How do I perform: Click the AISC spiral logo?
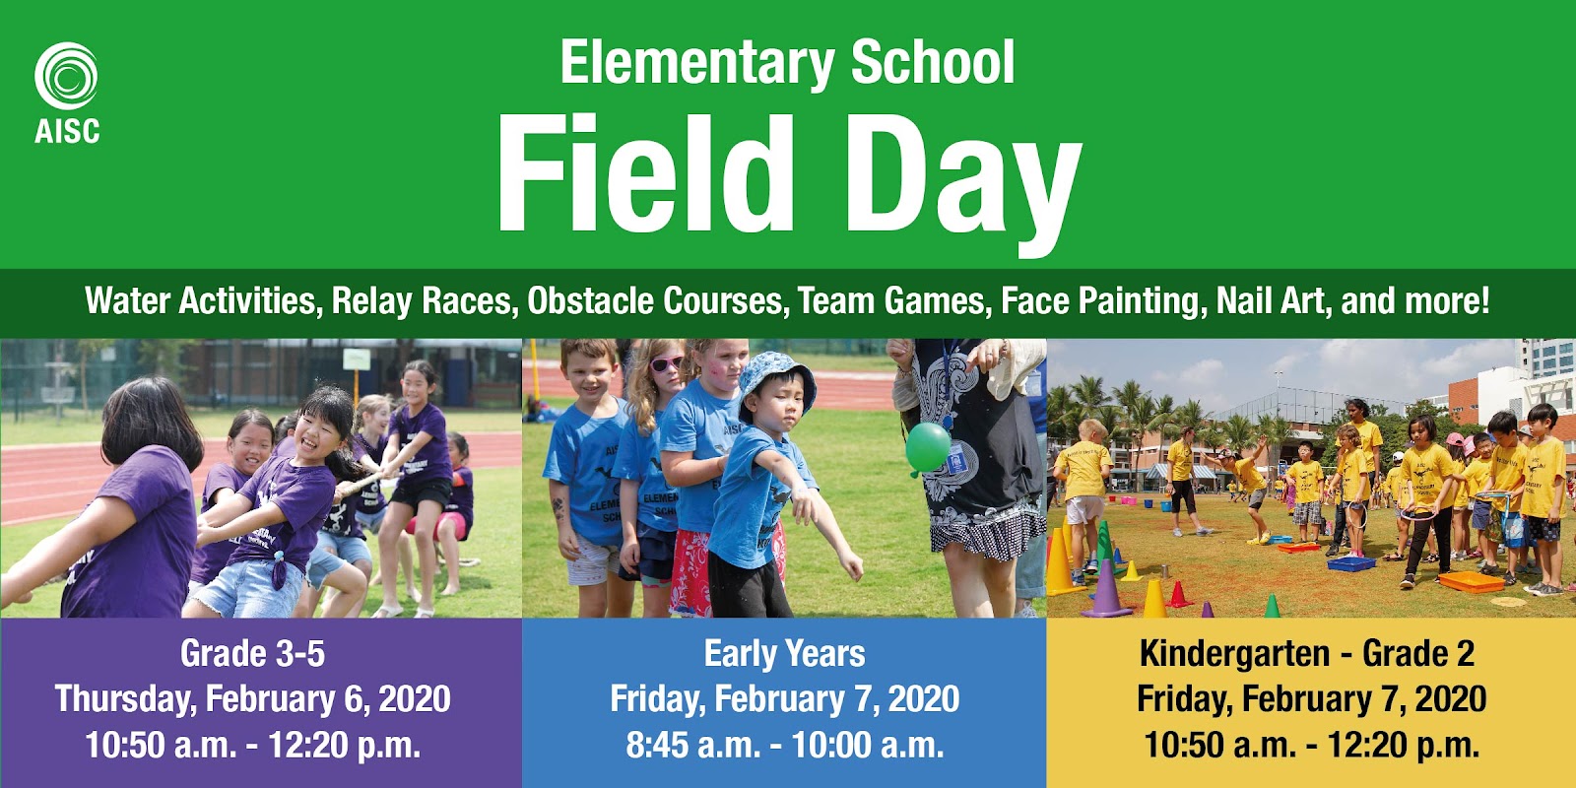click(x=66, y=76)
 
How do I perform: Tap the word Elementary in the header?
click(x=697, y=63)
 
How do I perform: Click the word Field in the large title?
click(x=645, y=173)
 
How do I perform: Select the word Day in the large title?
click(x=964, y=184)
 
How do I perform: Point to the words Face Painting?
click(x=1099, y=301)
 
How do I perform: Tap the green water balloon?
click(x=927, y=448)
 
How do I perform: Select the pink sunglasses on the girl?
click(x=666, y=363)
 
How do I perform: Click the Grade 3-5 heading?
click(x=252, y=654)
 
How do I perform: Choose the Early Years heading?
click(x=784, y=654)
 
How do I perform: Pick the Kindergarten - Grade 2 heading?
click(x=1306, y=654)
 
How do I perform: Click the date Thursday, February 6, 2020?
click(x=252, y=698)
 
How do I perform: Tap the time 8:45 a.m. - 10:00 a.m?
click(x=784, y=745)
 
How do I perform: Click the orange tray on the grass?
click(x=1471, y=582)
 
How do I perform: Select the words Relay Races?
click(x=421, y=301)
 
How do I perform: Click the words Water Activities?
click(x=201, y=301)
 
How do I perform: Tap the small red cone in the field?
click(x=1177, y=595)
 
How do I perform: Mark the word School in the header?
click(x=932, y=62)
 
